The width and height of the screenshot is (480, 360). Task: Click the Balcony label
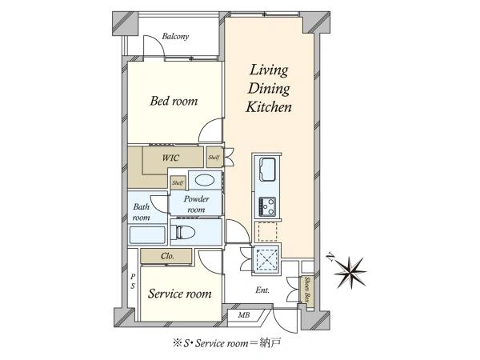coord(175,37)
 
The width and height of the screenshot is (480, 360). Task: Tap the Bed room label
coord(174,101)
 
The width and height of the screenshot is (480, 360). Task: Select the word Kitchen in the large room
coord(269,107)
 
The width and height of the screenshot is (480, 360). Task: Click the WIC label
coord(170,158)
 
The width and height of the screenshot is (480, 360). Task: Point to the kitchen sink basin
coord(267,169)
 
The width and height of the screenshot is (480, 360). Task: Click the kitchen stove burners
coord(267,206)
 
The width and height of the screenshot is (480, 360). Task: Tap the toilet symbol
coord(182,232)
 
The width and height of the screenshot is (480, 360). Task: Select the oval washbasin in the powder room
coord(205,180)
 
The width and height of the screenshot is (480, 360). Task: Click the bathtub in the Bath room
coord(147,235)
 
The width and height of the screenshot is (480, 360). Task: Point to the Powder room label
coord(196,204)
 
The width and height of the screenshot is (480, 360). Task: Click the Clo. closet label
coord(167,256)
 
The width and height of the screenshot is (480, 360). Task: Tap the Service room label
coord(180,294)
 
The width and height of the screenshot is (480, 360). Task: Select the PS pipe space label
coord(133,282)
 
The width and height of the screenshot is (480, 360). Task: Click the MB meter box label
coord(244,315)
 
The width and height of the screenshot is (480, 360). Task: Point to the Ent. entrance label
coord(262,290)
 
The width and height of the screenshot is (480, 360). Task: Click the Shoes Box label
coord(307,290)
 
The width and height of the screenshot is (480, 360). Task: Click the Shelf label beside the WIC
coord(214,158)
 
